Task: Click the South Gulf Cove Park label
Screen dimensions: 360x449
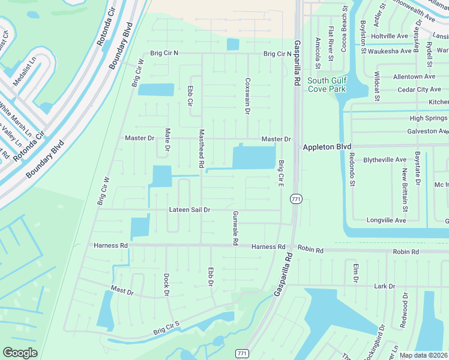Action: [x=327, y=85]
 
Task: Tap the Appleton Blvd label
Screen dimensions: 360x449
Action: [x=326, y=147]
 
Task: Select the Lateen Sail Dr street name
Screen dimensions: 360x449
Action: [x=189, y=210]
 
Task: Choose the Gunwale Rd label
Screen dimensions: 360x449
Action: [x=236, y=228]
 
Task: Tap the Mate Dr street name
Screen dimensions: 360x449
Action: [x=168, y=139]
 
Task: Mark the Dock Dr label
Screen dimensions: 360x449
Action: [x=166, y=285]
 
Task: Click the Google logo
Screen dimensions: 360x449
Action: [x=20, y=353]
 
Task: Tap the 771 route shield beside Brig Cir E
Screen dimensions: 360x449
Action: [x=295, y=199]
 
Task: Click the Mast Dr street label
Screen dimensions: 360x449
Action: [x=122, y=290]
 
